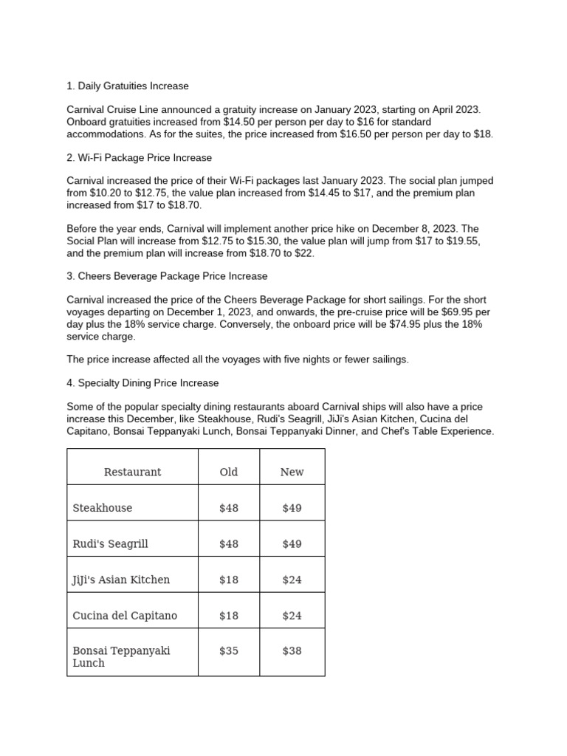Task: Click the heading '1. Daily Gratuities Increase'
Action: coord(128,86)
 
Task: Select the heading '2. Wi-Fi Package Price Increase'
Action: coord(140,157)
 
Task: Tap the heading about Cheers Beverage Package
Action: coord(167,276)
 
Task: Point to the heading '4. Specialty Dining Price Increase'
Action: coord(142,383)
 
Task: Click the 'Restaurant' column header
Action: coord(132,472)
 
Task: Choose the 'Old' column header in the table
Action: coord(229,472)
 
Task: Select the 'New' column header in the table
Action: coord(292,472)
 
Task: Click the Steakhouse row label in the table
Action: coord(103,508)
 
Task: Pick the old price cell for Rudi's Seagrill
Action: coord(229,544)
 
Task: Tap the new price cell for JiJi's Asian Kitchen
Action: coord(292,580)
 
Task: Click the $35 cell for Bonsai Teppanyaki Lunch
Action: coord(229,651)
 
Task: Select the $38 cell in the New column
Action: coord(292,651)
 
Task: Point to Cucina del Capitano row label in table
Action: coord(125,616)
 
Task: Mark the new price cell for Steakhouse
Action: coord(292,508)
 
